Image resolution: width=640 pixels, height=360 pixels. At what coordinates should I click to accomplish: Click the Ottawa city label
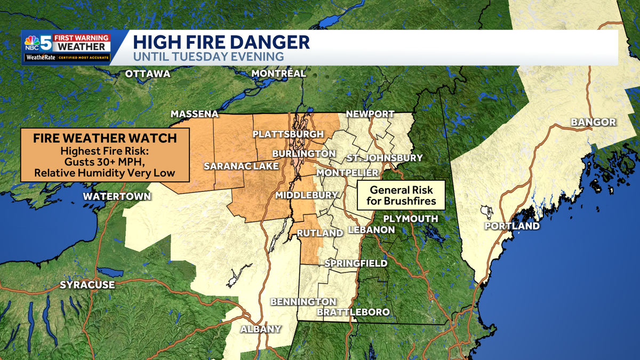pos(148,74)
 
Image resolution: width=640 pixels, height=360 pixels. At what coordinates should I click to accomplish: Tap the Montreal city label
pos(278,74)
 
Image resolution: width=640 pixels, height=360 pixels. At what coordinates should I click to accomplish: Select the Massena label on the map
pos(194,114)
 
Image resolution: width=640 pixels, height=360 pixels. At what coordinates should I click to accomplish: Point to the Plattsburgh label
pos(288,134)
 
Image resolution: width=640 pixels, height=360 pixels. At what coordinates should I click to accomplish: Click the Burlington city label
pos(303,154)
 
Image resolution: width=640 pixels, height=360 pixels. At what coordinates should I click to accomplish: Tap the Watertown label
pos(117,196)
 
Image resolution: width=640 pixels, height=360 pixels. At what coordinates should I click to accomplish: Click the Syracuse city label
pos(87,285)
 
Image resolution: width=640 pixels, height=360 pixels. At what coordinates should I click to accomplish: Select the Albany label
pos(260,329)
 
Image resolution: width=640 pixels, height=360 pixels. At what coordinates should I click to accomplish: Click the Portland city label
pos(511,226)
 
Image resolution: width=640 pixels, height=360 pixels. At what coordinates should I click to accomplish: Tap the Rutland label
pos(319,234)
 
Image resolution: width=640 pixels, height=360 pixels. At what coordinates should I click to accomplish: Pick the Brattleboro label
pos(353,312)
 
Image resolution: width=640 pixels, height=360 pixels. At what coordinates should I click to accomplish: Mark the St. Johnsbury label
pos(384,158)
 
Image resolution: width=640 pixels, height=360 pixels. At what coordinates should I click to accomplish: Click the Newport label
pos(370,114)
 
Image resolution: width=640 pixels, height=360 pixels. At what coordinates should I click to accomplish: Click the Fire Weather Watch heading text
pos(105,139)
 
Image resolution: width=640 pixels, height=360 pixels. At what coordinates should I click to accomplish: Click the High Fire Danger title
pos(221,42)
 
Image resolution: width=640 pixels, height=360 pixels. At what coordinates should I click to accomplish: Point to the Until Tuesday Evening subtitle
pos(208,56)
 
